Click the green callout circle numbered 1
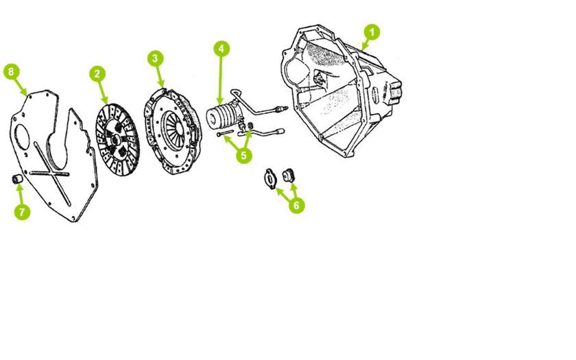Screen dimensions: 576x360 pyautogui.click(x=372, y=33)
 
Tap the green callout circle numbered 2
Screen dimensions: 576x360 pyautogui.click(x=97, y=74)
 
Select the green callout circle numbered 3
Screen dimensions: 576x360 pyautogui.click(x=156, y=58)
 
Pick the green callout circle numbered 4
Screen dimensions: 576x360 pyautogui.click(x=221, y=49)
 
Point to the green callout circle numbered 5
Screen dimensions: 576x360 pyautogui.click(x=244, y=156)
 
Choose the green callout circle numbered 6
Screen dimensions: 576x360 pyautogui.click(x=297, y=205)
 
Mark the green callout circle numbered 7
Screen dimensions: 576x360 pyautogui.click(x=22, y=212)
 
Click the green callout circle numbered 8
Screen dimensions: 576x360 pyautogui.click(x=11, y=71)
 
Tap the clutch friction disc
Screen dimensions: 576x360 pyautogui.click(x=117, y=139)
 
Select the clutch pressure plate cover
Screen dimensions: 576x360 pyautogui.click(x=173, y=131)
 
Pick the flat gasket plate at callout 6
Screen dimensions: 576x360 pyautogui.click(x=270, y=180)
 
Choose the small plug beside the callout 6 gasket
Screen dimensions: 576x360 pyautogui.click(x=289, y=176)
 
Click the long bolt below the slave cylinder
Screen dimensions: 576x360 pyautogui.click(x=225, y=133)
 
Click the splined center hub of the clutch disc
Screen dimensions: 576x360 pyautogui.click(x=115, y=140)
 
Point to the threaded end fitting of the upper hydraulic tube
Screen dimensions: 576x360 pyautogui.click(x=281, y=108)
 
